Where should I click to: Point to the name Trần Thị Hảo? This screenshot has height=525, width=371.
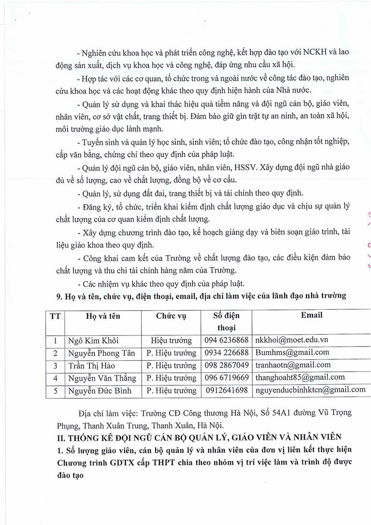(x=88, y=365)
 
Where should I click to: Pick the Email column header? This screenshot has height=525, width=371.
(x=312, y=315)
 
